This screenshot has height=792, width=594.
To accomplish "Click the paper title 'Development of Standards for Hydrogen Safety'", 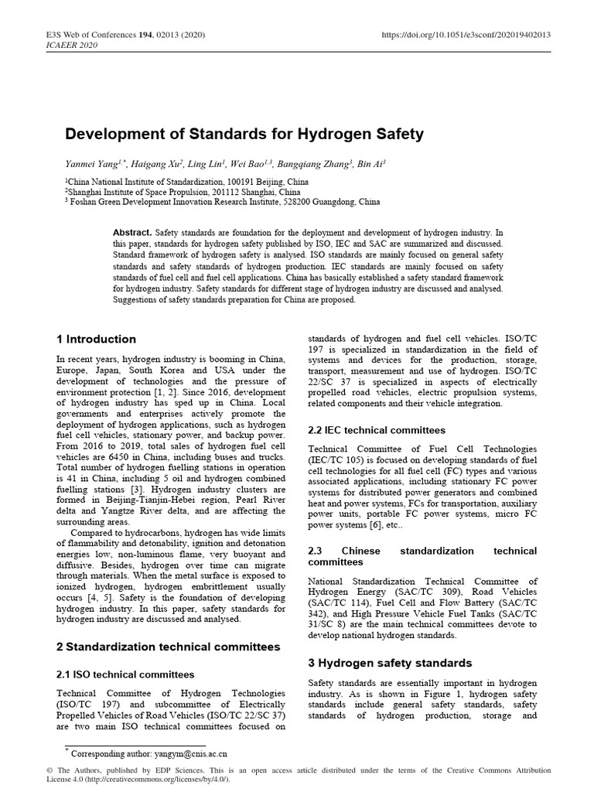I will (x=244, y=134).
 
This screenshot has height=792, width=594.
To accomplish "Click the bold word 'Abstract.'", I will (x=133, y=232).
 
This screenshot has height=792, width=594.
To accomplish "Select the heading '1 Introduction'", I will (x=97, y=339).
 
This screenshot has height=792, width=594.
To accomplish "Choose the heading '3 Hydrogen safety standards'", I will (x=389, y=663).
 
